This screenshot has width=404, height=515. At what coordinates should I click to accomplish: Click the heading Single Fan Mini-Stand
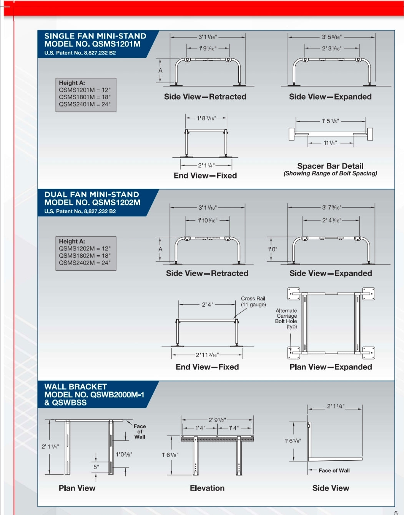95,36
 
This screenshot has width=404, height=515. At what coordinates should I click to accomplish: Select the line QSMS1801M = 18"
85,97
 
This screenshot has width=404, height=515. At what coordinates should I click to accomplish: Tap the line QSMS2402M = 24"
85,263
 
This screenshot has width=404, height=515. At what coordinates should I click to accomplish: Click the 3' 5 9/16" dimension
331,37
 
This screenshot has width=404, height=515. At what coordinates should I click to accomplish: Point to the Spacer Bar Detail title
330,166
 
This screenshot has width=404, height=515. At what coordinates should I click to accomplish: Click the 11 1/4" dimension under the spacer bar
330,143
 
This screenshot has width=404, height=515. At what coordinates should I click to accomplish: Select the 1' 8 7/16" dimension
206,118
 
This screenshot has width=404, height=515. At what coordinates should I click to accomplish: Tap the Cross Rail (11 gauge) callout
253,302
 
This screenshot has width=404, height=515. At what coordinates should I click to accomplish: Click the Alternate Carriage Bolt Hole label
286,318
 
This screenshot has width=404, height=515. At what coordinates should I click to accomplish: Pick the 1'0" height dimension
272,249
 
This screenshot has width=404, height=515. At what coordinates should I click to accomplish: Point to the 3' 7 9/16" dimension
331,208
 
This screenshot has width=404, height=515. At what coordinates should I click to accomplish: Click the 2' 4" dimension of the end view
208,305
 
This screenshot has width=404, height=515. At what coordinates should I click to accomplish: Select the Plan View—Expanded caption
331,367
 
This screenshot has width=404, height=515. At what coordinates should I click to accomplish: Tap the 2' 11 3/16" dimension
207,355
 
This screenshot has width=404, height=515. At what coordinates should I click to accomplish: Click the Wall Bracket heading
76,387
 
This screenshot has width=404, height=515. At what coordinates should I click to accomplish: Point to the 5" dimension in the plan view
96,467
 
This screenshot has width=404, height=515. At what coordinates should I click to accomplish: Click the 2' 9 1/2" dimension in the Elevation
217,420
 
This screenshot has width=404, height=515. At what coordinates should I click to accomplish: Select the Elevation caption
207,488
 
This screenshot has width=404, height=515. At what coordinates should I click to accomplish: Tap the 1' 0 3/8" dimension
124,454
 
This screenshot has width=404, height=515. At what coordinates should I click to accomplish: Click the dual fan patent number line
80,211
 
